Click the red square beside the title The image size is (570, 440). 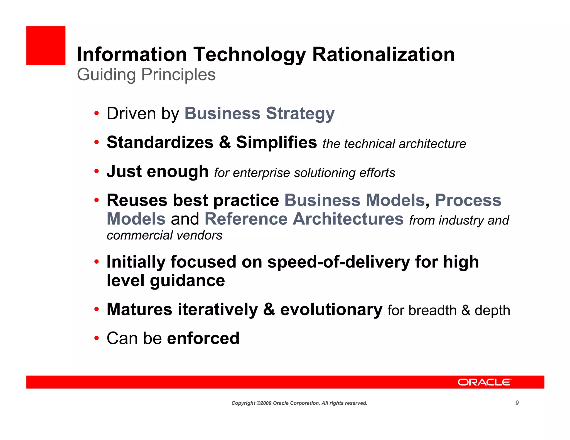tap(46, 46)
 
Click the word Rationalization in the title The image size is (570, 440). tap(383, 54)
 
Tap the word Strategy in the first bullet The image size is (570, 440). tap(300, 114)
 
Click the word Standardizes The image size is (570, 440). tap(160, 142)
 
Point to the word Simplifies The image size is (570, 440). tap(276, 142)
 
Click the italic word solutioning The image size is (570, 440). tap(325, 173)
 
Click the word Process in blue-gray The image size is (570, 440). tap(468, 200)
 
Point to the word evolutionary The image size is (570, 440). tap(331, 310)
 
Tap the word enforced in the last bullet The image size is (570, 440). tap(203, 338)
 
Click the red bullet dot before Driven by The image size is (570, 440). tap(97, 113)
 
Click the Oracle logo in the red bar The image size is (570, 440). tap(484, 382)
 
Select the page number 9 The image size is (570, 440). tap(517, 403)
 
